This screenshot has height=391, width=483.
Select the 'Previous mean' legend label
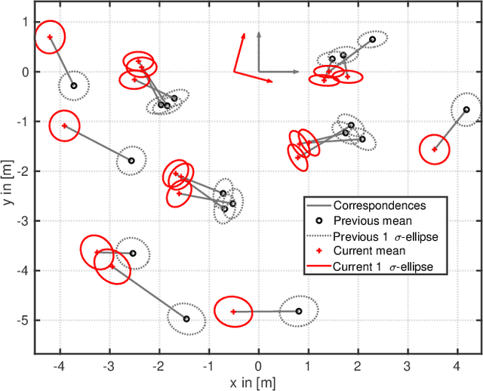372,220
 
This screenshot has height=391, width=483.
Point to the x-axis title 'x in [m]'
258,383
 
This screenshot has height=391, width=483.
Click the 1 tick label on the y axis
26,23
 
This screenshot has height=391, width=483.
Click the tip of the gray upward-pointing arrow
259,32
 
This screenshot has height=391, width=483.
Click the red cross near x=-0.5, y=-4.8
233,312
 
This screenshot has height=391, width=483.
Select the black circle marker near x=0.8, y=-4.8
298,311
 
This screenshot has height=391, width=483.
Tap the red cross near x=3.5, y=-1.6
434,149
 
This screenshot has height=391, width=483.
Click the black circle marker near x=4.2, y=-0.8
466,109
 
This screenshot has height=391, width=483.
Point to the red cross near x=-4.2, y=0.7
50,37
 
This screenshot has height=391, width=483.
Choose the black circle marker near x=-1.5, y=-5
186,319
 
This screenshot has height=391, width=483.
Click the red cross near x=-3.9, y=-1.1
65,126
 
